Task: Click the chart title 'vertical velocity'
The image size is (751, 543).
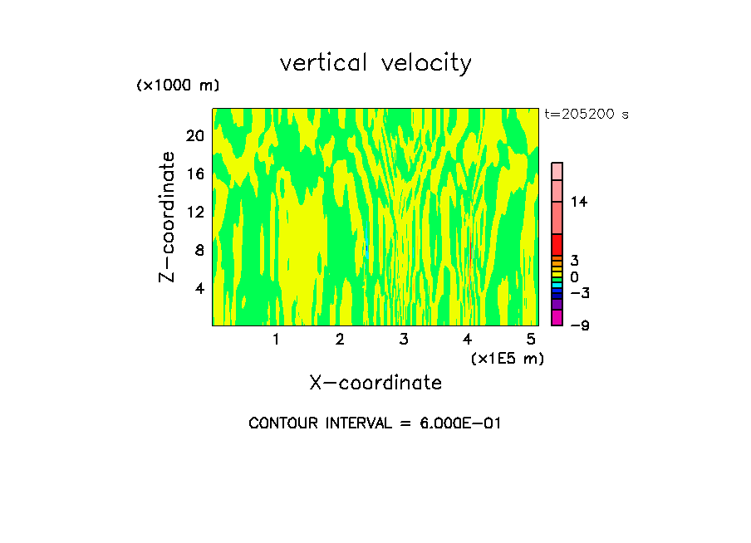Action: tap(375, 63)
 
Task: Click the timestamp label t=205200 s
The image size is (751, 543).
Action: tap(587, 115)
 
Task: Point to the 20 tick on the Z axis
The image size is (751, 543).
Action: tap(194, 135)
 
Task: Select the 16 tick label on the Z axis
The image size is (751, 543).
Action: tap(194, 174)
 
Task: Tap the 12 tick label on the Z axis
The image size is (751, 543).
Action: tap(194, 212)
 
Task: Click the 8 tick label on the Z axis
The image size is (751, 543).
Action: tap(199, 250)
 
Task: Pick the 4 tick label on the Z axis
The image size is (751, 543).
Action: tap(199, 288)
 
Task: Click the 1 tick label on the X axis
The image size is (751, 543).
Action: tap(276, 339)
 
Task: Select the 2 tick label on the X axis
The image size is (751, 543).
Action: tap(340, 339)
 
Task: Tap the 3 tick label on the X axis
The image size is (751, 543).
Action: tap(404, 339)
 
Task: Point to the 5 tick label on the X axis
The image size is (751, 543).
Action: tap(531, 339)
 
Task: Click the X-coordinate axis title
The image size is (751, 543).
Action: tap(375, 383)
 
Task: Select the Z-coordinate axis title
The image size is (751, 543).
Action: tap(168, 217)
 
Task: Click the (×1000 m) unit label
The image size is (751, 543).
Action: tap(178, 86)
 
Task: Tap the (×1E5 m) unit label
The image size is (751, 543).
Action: tap(507, 359)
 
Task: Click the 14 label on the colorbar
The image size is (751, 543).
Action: tap(579, 202)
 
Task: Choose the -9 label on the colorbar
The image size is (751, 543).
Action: tap(579, 325)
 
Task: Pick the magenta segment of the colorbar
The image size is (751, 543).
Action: tap(557, 317)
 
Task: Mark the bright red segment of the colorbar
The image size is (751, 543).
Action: tap(557, 245)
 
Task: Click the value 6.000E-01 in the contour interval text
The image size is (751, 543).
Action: tap(453, 423)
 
